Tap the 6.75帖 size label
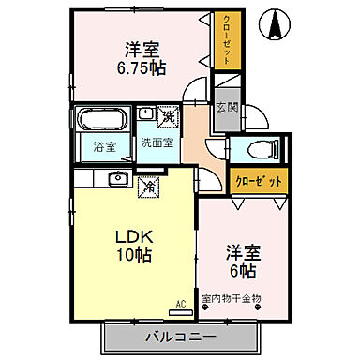pyautogui.click(x=142, y=67)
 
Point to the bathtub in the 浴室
pyautogui.click(x=102, y=121)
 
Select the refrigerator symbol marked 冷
pyautogui.click(x=149, y=186)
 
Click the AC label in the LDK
pyautogui.click(x=181, y=304)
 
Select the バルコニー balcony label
pyautogui.click(x=181, y=336)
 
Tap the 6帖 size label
pyautogui.click(x=243, y=270)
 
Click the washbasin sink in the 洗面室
pyautogui.click(x=146, y=115)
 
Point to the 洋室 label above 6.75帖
pyautogui.click(x=143, y=48)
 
